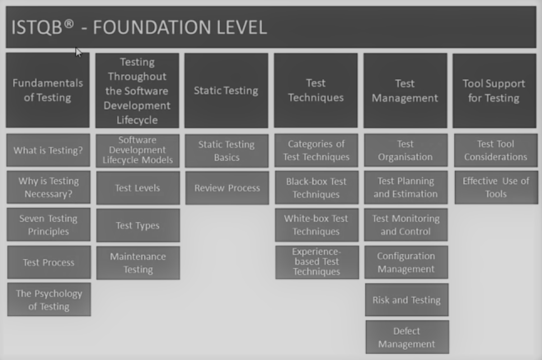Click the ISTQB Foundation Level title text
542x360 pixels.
[139, 27]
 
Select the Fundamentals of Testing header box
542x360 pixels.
[48, 90]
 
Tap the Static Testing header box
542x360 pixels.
[226, 90]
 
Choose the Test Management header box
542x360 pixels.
[405, 90]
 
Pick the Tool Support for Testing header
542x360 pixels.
[494, 90]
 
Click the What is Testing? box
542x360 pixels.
[48, 150]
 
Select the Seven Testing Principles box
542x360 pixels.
[48, 225]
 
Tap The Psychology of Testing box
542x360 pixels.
[49, 300]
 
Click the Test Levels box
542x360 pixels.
[138, 188]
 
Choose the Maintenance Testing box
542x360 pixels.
[138, 263]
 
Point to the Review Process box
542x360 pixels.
[227, 188]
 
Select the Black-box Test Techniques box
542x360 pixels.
[316, 188]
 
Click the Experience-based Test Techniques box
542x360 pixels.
[317, 262]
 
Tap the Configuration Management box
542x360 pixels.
[406, 262]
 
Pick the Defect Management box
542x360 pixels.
[407, 337]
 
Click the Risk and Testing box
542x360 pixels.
[406, 300]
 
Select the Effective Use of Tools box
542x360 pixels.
[496, 187]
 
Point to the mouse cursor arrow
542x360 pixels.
[78, 52]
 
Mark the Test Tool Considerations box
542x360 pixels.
[496, 150]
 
